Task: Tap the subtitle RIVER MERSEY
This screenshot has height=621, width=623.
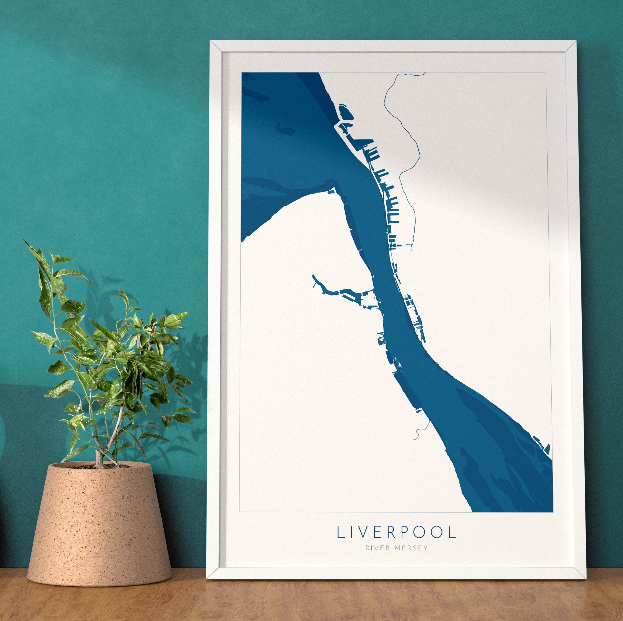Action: pyautogui.click(x=396, y=547)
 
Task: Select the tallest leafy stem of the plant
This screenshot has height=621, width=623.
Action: pyautogui.click(x=52, y=290)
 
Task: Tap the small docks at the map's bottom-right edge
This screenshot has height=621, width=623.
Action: pyautogui.click(x=542, y=444)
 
